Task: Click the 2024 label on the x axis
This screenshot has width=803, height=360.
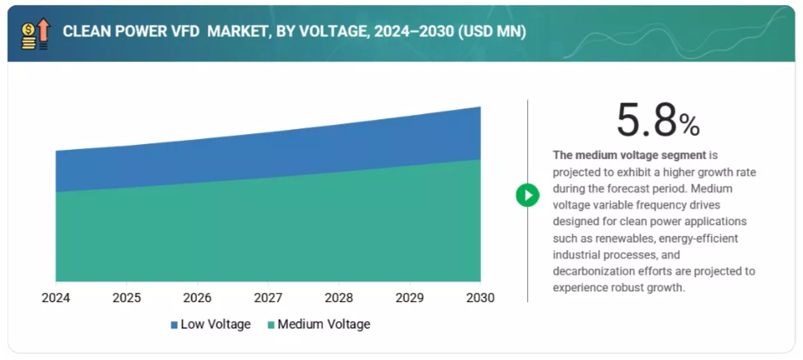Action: (x=55, y=297)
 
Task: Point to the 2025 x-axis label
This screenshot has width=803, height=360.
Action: (x=127, y=297)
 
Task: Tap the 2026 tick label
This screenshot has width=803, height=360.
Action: (x=197, y=297)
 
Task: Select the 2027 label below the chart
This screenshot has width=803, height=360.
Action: (x=268, y=297)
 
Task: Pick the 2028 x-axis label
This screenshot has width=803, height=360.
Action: (x=339, y=297)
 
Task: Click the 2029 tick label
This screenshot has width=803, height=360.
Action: (x=410, y=297)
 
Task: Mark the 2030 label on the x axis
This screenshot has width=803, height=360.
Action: (x=480, y=297)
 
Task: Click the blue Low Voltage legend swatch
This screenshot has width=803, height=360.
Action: (x=175, y=324)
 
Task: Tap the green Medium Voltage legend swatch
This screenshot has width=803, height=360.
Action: (x=271, y=324)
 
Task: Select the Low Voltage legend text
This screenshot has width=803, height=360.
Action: (x=215, y=324)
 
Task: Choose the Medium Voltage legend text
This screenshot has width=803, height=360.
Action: (x=324, y=324)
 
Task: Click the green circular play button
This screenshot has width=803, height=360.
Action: (x=527, y=195)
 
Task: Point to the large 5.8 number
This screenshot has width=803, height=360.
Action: (x=647, y=122)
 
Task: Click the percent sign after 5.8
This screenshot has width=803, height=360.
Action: (x=690, y=126)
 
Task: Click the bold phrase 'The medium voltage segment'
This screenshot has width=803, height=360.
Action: (x=629, y=155)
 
